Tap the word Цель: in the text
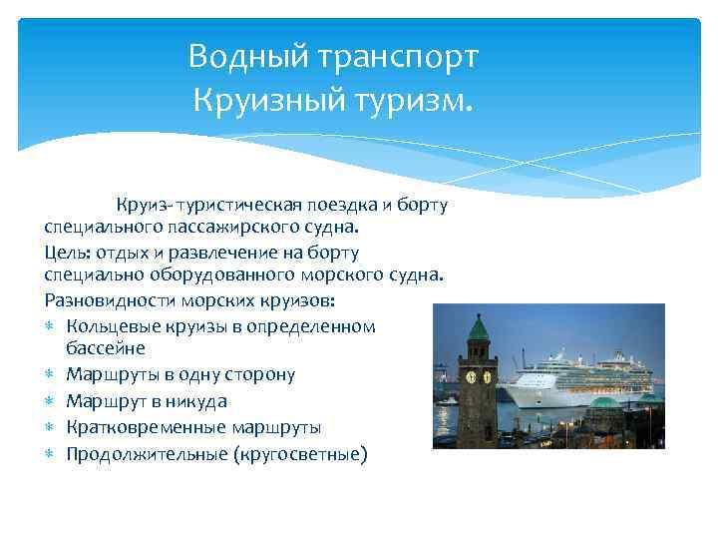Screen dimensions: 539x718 click(x=68, y=252)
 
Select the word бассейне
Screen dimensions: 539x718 click(x=105, y=348)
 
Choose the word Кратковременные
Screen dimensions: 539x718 click(x=146, y=428)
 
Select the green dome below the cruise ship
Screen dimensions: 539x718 click(x=604, y=403)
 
